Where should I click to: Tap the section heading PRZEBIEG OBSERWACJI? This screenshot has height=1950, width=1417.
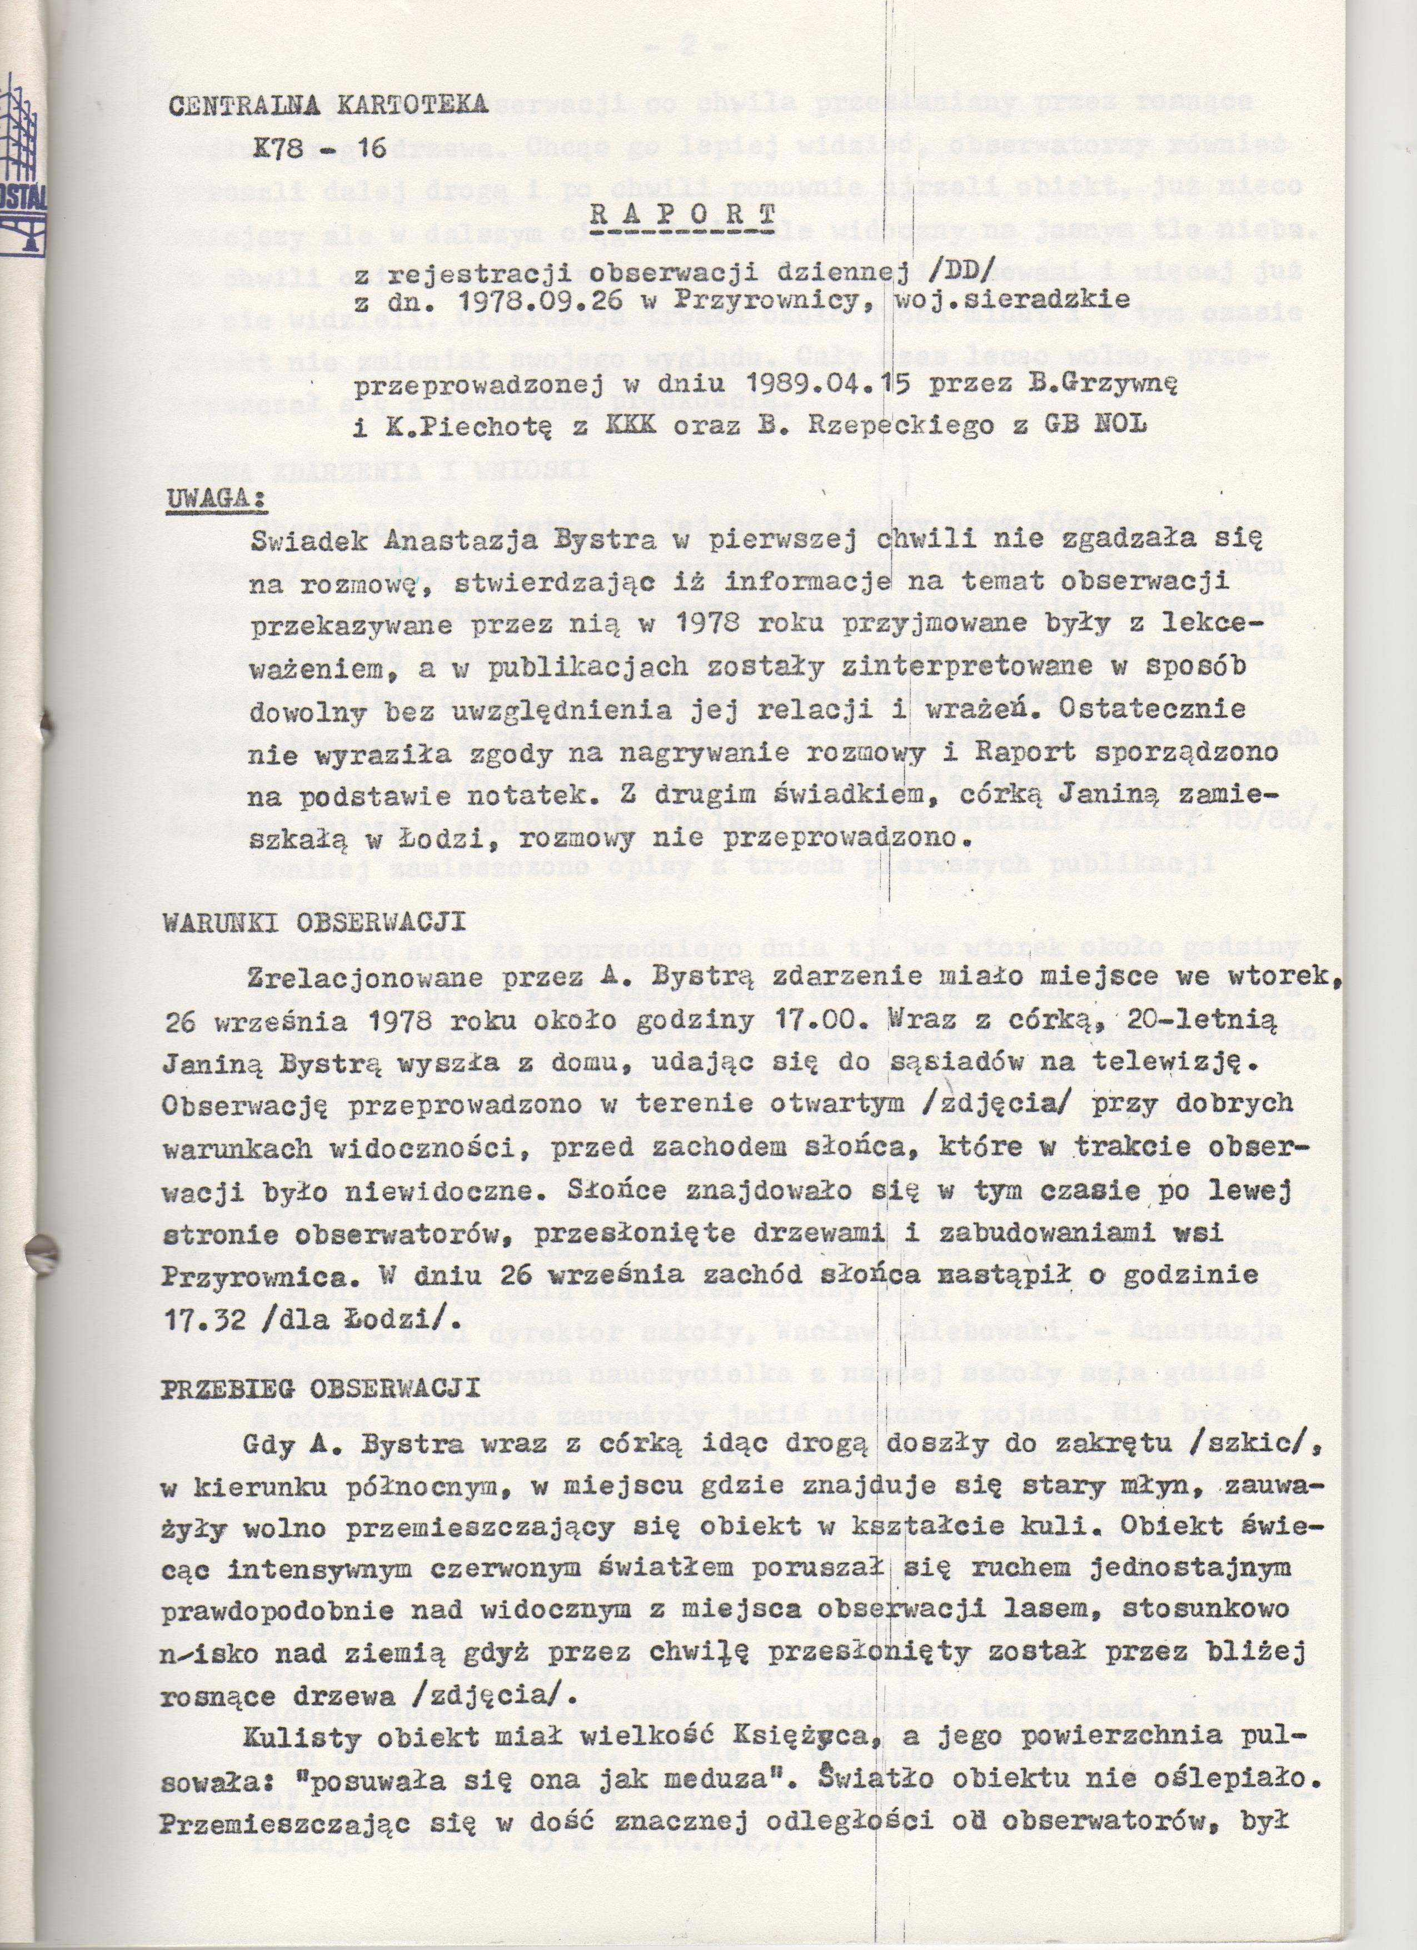click(320, 1390)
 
